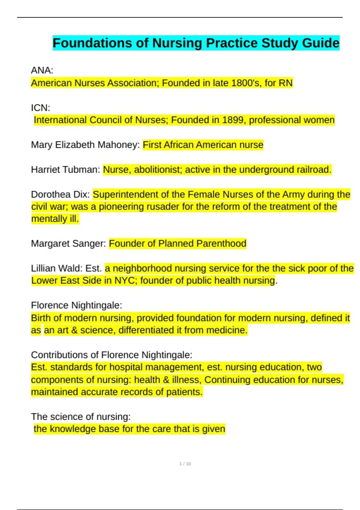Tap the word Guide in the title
point(321,43)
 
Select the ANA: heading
point(42,70)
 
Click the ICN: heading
point(40,108)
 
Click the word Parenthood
point(221,244)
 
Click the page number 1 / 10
point(185,464)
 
